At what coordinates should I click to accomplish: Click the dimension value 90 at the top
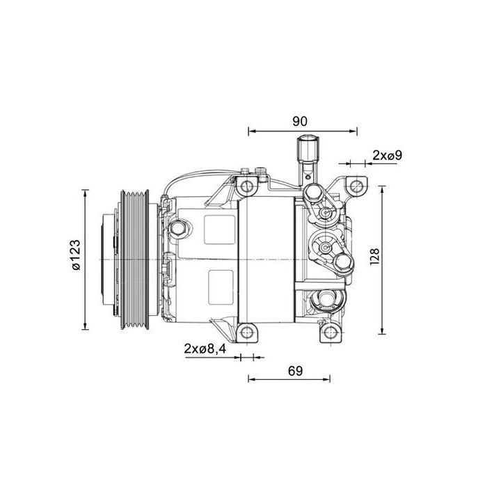[x=299, y=120]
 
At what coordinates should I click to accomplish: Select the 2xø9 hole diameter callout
[x=387, y=156]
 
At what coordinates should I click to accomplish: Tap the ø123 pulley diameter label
[x=75, y=258]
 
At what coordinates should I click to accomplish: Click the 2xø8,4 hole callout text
[x=205, y=348]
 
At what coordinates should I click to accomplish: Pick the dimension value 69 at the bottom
[x=295, y=370]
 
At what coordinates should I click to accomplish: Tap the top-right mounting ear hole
[x=356, y=186]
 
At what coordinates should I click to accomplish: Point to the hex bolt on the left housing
[x=178, y=228]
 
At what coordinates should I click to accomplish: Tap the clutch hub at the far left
[x=106, y=258]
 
